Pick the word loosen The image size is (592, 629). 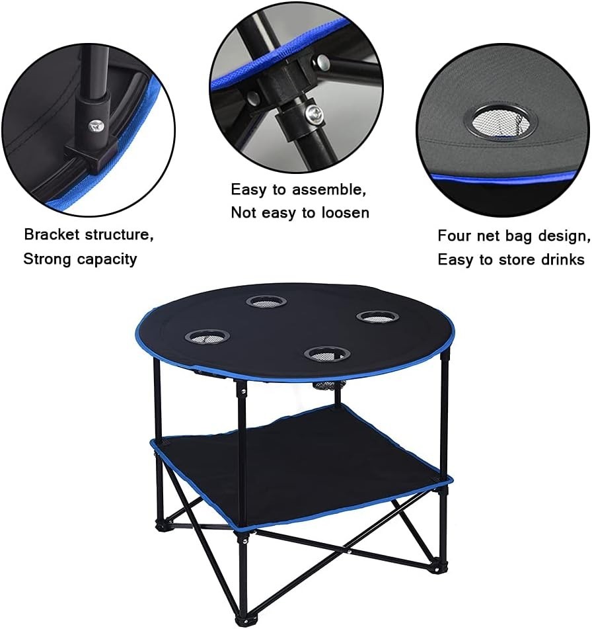pos(345,212)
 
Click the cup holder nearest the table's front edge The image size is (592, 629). pos(327,354)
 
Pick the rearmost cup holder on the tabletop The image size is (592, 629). pos(266,302)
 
